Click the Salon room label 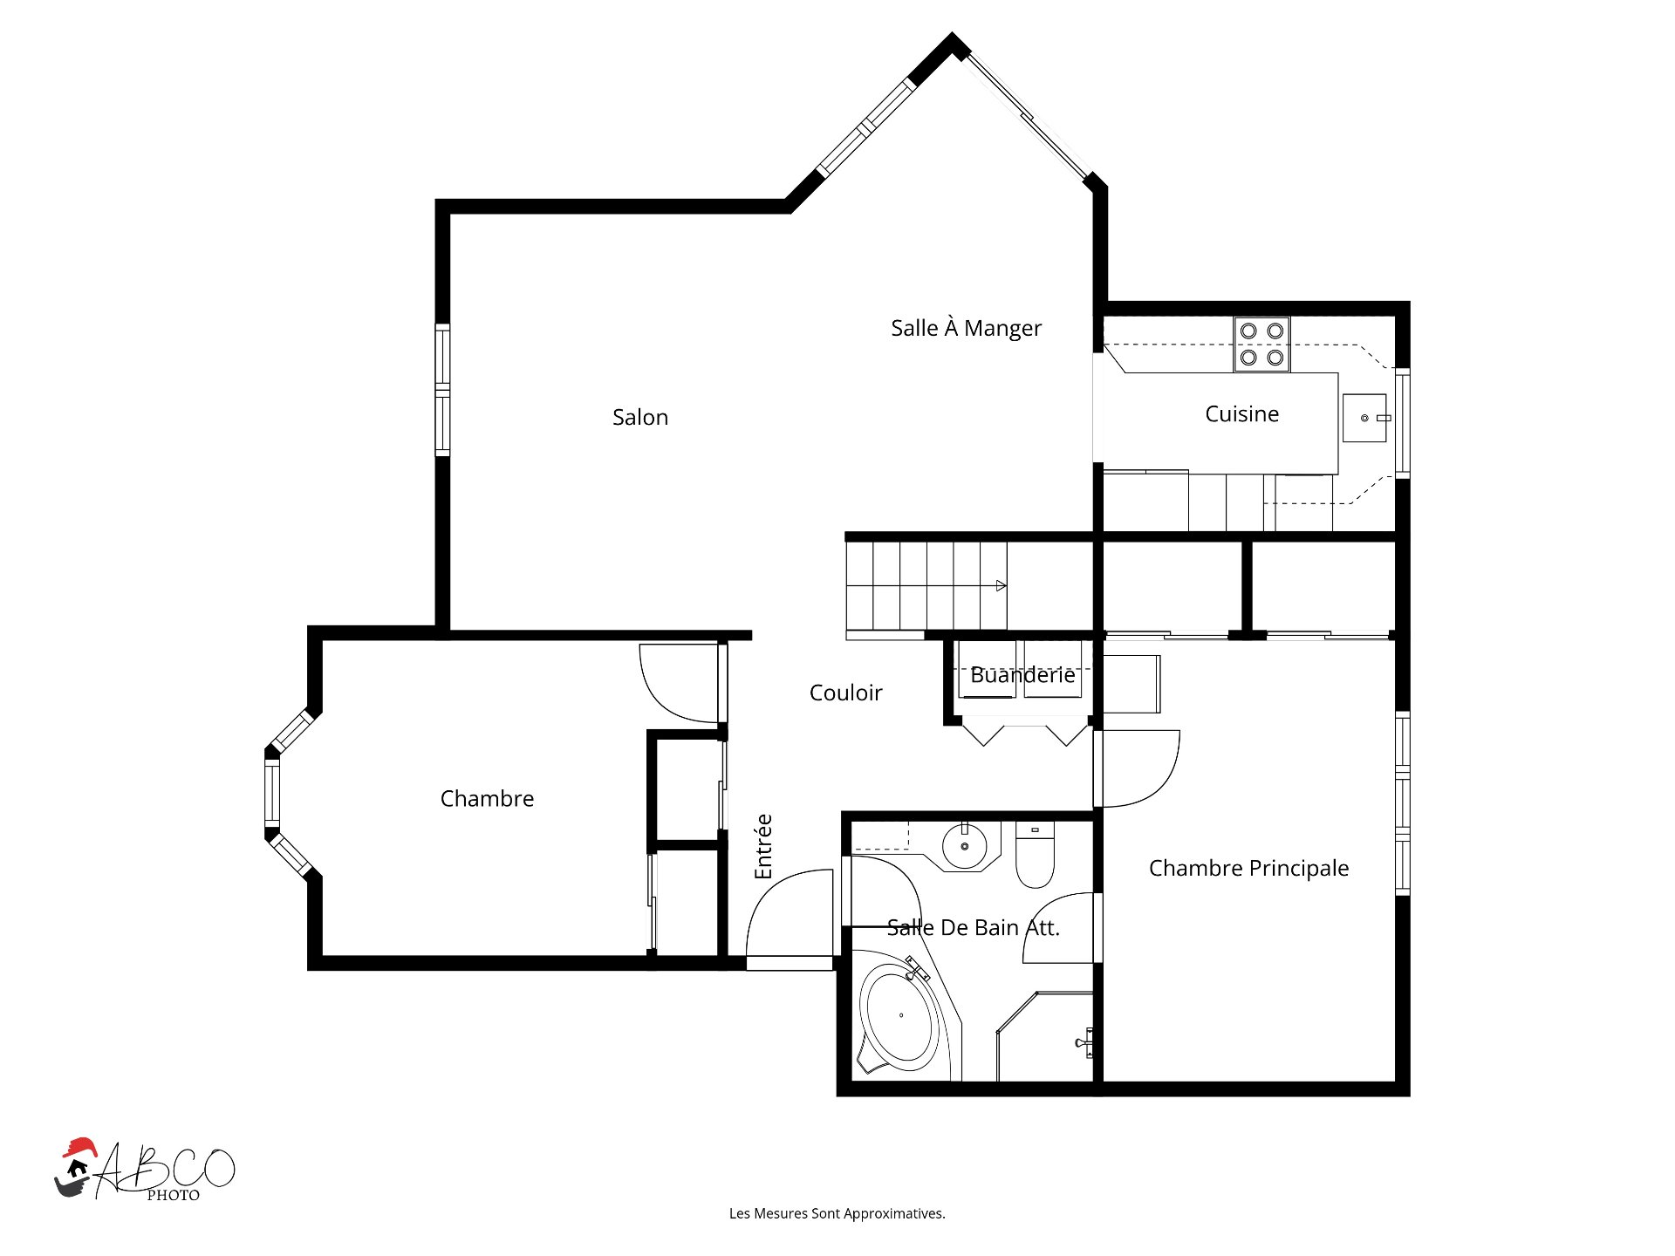click(639, 417)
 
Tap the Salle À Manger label click(966, 328)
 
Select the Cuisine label click(1241, 413)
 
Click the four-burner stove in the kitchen click(1261, 344)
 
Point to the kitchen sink click(1364, 418)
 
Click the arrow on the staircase click(1002, 585)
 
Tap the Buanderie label click(1022, 675)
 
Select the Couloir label click(845, 693)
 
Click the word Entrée click(763, 846)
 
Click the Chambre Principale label click(1248, 868)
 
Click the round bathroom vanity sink click(964, 846)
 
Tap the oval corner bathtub click(901, 1016)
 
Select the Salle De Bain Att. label click(973, 928)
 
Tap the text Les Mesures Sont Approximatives click(837, 1213)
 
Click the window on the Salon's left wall click(442, 389)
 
